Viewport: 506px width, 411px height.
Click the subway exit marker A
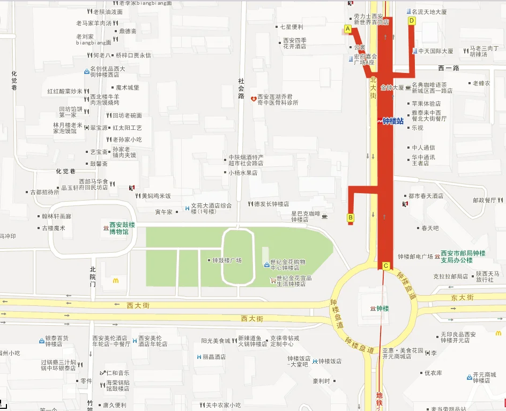point(348,28)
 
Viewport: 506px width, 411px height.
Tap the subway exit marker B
point(351,217)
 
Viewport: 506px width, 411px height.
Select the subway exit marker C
point(386,266)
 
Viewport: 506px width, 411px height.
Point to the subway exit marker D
point(412,21)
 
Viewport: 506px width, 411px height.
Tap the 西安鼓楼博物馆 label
point(122,228)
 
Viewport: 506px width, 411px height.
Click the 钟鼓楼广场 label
point(227,260)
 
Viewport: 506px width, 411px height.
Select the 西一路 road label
point(449,68)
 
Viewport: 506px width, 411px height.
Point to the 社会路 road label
point(241,89)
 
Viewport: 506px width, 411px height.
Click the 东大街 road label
point(462,297)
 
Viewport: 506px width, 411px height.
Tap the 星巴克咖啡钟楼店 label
point(304,216)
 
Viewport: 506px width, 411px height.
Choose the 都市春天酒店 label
point(426,196)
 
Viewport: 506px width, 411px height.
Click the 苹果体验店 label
point(426,104)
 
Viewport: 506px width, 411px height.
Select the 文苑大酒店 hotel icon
point(186,206)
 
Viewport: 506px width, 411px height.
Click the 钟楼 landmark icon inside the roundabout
point(373,309)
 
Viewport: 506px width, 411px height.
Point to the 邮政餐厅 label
point(485,200)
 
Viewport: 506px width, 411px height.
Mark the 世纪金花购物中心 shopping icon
point(266,265)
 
